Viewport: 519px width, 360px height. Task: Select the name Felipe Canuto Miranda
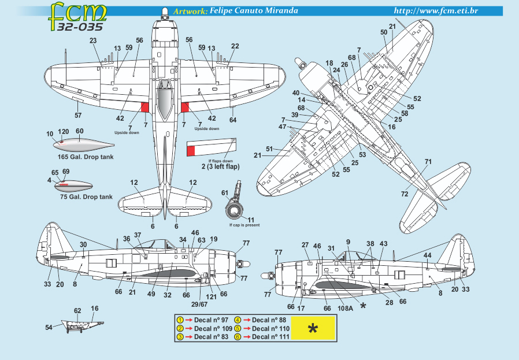point(254,11)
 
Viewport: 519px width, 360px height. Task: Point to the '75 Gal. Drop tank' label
point(86,196)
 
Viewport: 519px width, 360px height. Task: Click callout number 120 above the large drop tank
point(64,132)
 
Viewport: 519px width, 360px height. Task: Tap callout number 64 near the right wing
point(233,120)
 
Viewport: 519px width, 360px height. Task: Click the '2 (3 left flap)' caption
point(213,166)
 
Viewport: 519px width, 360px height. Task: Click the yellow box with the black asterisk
point(313,329)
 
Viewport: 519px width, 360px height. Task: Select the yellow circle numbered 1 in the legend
point(180,320)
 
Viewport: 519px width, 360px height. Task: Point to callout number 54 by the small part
point(49,327)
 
